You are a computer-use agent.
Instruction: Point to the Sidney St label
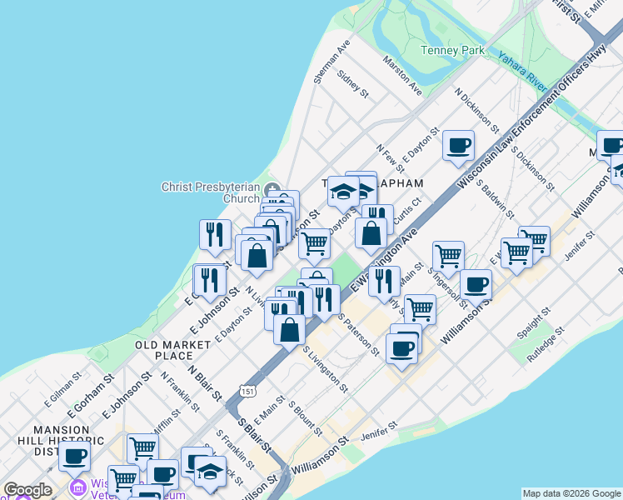[x=352, y=83]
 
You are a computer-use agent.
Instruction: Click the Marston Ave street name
[x=402, y=74]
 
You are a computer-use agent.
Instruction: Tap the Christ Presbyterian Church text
[x=211, y=192]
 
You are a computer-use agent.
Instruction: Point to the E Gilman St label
[x=63, y=388]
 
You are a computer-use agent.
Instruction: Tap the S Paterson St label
[x=360, y=336]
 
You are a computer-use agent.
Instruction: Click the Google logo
[x=27, y=490]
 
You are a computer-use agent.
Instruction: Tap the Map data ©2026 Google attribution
[x=571, y=493]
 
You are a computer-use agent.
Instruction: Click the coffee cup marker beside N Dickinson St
[x=458, y=147]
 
